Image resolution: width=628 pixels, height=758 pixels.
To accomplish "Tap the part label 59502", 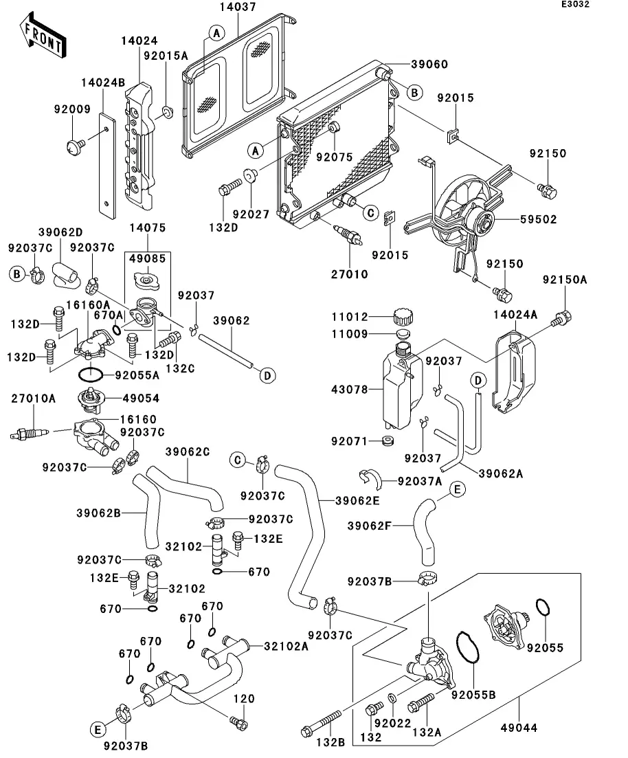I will pyautogui.click(x=540, y=220).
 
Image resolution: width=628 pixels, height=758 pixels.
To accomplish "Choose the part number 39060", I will pyautogui.click(x=429, y=65).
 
